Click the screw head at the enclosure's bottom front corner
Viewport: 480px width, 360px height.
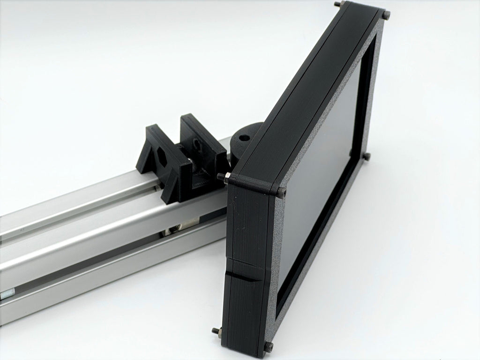[270, 346]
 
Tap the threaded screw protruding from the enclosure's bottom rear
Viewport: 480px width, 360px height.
[215, 331]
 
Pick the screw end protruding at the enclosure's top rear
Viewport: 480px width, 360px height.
[337, 4]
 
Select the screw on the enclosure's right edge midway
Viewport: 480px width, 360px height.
[367, 156]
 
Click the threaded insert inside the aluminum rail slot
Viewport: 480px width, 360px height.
[172, 229]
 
